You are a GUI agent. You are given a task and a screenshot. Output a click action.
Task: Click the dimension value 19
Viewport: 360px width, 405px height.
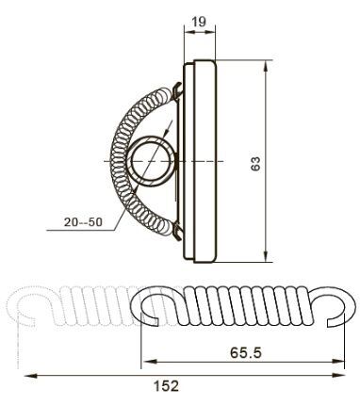(x=199, y=22)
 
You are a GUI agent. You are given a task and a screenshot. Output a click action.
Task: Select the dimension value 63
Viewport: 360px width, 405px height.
(x=255, y=163)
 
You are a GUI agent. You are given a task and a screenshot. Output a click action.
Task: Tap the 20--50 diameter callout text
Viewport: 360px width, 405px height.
(x=83, y=222)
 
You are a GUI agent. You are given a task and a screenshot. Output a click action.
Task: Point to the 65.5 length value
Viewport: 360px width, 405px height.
(x=246, y=352)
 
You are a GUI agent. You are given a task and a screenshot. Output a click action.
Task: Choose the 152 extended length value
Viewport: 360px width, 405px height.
(x=166, y=386)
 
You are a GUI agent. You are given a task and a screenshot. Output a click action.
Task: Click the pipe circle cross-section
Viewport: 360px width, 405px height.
(x=152, y=161)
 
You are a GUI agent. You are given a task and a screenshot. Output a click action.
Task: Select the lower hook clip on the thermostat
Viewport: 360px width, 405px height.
(x=177, y=233)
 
